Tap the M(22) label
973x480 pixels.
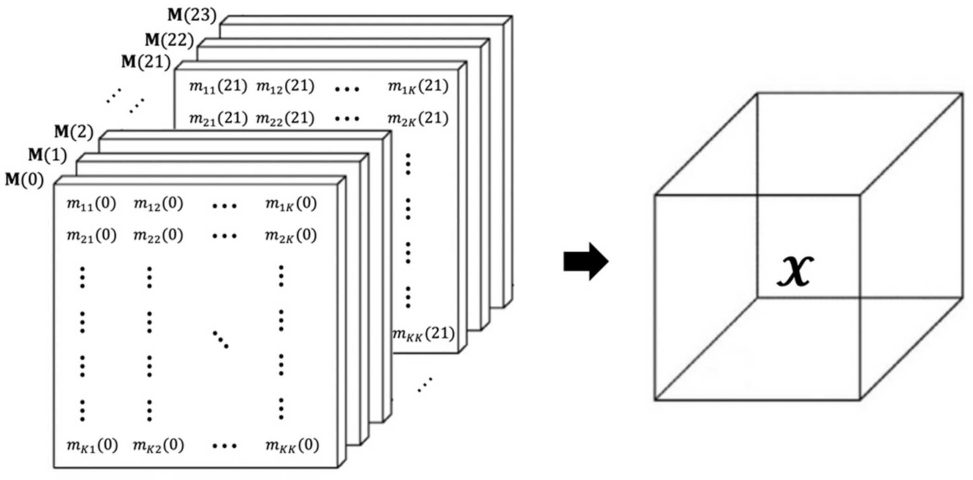[169, 40]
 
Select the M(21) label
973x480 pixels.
[146, 62]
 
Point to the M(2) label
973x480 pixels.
[74, 132]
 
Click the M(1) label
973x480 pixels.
[48, 155]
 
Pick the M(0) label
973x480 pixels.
[25, 179]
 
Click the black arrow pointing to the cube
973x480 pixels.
[586, 261]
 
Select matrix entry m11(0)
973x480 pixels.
[91, 204]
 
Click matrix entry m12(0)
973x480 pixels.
[158, 204]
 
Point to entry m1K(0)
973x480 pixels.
[291, 204]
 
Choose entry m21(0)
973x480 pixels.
[91, 236]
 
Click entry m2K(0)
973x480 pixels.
[291, 236]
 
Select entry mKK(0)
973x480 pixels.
[292, 446]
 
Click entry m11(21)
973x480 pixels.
[218, 86]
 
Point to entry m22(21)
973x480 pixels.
[285, 118]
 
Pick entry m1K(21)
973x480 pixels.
[418, 86]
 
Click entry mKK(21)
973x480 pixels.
[423, 334]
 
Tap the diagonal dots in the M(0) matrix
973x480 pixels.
[221, 339]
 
